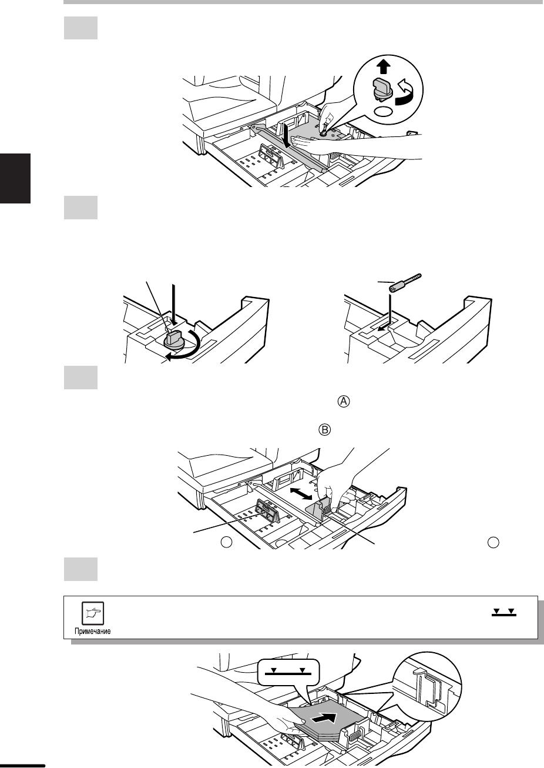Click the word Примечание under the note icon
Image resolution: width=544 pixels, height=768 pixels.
coord(92,631)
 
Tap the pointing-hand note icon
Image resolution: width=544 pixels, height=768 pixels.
coord(92,613)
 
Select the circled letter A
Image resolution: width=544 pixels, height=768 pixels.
coord(344,401)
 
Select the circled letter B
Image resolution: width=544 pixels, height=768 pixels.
coord(325,430)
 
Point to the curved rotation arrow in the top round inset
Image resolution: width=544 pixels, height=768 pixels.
coord(405,92)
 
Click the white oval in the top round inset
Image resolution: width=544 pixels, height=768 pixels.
coord(383,112)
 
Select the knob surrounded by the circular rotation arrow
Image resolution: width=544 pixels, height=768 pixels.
coord(174,339)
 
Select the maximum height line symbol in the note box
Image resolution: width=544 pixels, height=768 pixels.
coord(504,613)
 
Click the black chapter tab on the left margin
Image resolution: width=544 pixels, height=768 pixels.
coord(15,178)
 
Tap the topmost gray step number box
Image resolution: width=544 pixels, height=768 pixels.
coord(80,28)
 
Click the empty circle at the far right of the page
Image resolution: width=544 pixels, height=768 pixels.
coord(493,542)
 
